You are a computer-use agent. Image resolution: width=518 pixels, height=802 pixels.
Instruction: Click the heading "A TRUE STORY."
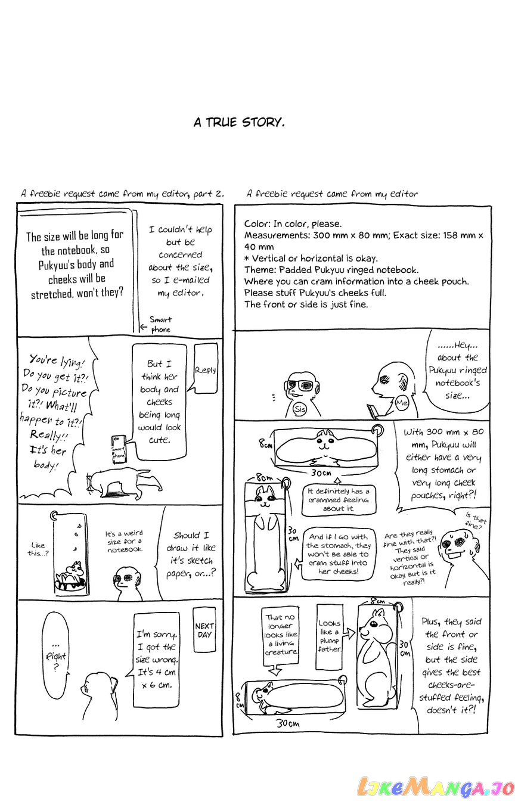pos(239,123)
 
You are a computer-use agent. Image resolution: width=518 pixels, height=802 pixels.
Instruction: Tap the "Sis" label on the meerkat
pos(300,409)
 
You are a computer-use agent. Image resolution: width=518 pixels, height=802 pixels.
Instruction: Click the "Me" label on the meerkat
pos(402,402)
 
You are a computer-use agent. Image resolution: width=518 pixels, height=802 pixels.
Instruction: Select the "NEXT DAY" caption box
pos(204,630)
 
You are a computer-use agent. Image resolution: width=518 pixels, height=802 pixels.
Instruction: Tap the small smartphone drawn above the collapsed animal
pos(119,450)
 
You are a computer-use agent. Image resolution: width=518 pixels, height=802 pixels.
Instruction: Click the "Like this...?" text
pos(38,549)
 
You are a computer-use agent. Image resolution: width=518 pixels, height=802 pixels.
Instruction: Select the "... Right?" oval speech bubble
pos(55,655)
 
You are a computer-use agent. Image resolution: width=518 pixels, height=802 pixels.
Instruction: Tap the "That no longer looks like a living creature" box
pos(281,635)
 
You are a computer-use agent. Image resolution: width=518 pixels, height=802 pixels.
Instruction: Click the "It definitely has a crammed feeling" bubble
pos(339,500)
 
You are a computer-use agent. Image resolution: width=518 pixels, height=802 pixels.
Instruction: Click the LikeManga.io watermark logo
pos(436,787)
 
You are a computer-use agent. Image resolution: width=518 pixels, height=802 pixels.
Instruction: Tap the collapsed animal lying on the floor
pos(123,483)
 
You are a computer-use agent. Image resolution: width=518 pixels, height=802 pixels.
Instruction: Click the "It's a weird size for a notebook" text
pos(124,542)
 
